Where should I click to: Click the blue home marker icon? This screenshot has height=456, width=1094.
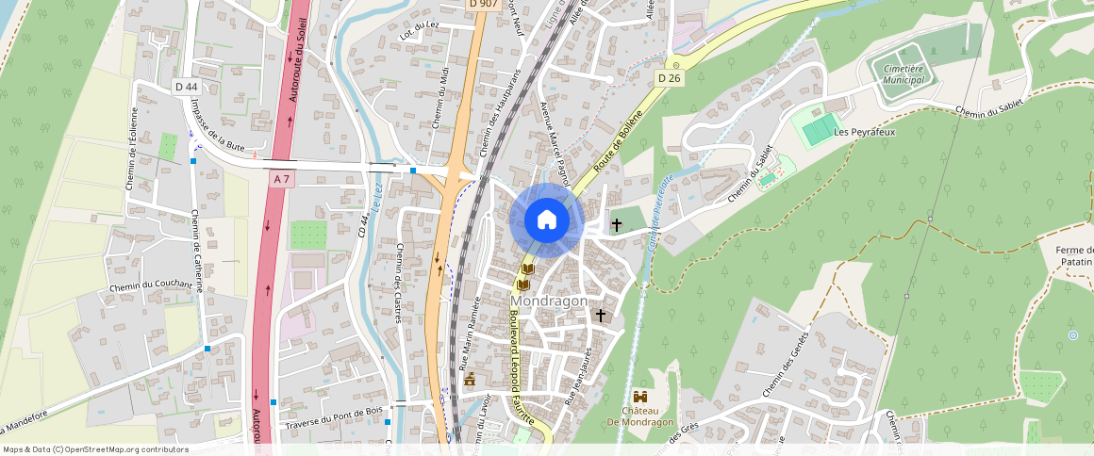click(x=546, y=220)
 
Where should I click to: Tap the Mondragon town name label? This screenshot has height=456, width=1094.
click(x=549, y=301)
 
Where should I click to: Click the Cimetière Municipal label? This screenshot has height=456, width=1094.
click(x=903, y=73)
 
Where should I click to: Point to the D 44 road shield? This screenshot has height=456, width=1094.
click(x=186, y=87)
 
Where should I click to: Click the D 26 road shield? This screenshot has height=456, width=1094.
click(x=669, y=77)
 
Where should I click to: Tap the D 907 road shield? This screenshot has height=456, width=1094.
click(x=483, y=4)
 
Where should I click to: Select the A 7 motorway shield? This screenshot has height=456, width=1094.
click(x=281, y=178)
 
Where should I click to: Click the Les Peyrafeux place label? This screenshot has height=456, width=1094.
click(x=864, y=132)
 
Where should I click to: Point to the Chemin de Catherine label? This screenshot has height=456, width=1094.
click(x=200, y=251)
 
